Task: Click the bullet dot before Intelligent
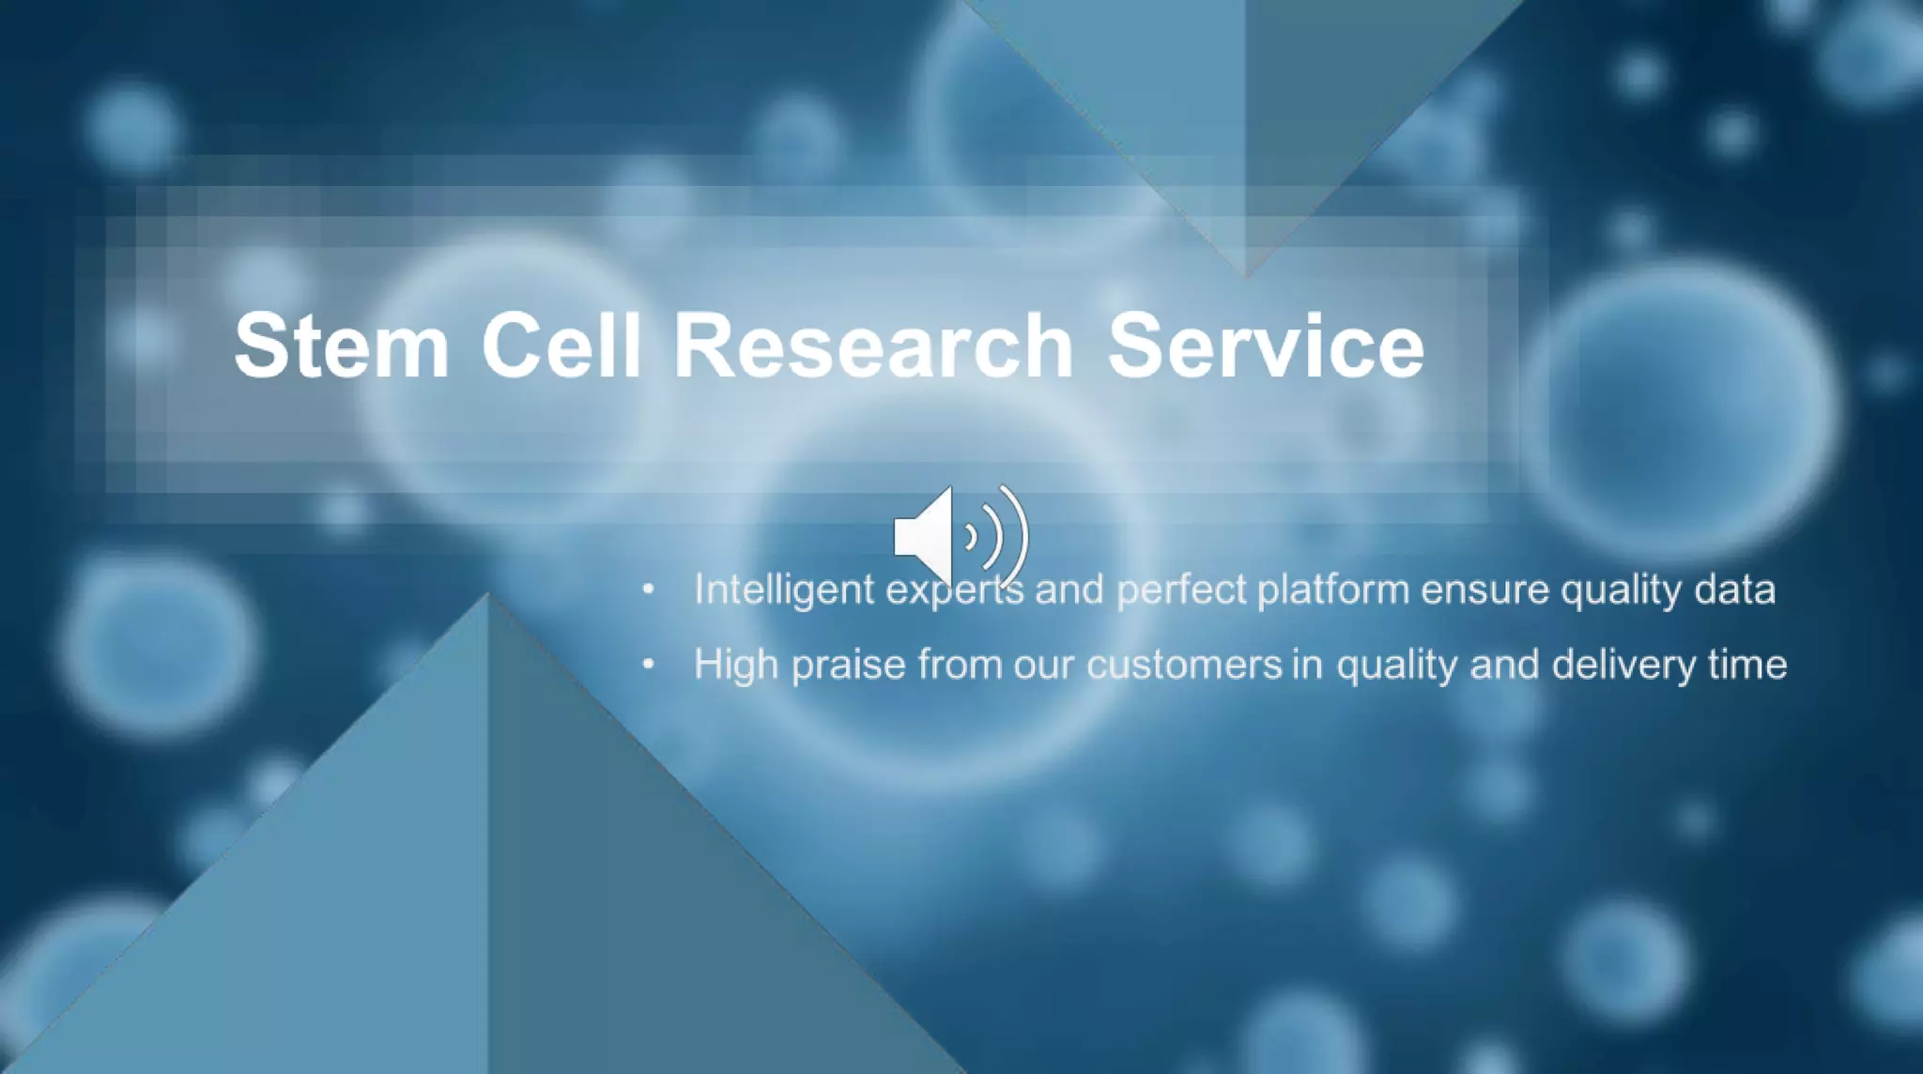tap(648, 590)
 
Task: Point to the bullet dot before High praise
tap(648, 665)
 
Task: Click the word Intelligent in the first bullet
tap(783, 590)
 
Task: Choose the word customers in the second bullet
tap(1184, 665)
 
